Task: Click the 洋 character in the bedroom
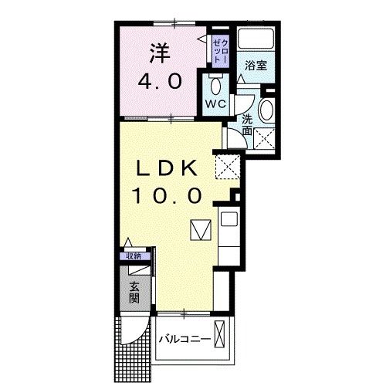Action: click(x=157, y=55)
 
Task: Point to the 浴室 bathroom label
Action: click(x=256, y=66)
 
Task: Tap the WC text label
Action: click(x=215, y=102)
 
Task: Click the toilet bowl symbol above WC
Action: click(x=215, y=83)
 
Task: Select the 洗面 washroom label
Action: click(x=246, y=126)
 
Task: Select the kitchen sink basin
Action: click(x=229, y=220)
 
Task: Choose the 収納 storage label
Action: click(x=133, y=256)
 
